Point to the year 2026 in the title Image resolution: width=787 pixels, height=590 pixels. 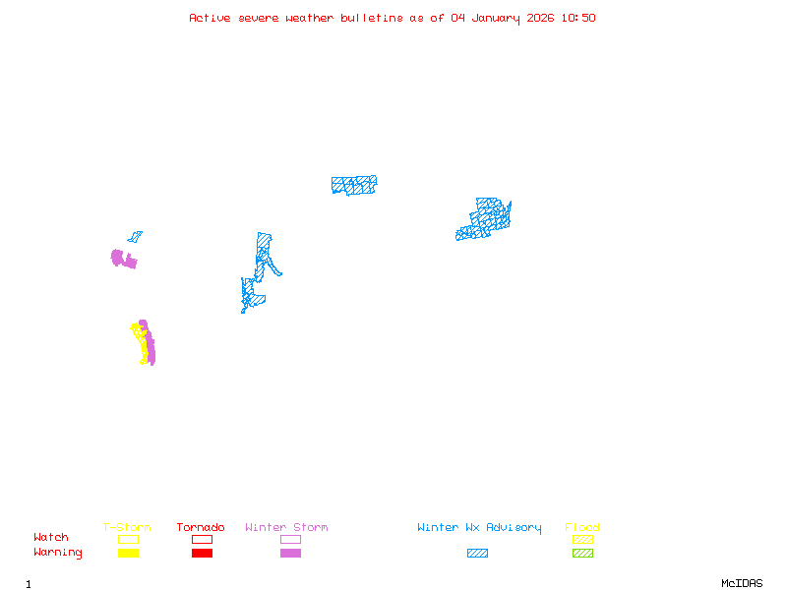pyautogui.click(x=539, y=18)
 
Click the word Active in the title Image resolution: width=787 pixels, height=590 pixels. pyautogui.click(x=210, y=18)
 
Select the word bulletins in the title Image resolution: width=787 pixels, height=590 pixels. pyautogui.click(x=372, y=18)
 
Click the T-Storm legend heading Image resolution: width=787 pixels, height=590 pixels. pyautogui.click(x=127, y=528)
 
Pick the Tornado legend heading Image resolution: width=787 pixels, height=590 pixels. pyautogui.click(x=201, y=528)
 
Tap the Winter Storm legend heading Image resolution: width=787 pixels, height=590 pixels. pyautogui.click(x=286, y=528)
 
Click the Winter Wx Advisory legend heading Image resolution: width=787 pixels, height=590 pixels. pyautogui.click(x=479, y=528)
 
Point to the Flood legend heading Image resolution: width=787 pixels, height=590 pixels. pyautogui.click(x=582, y=528)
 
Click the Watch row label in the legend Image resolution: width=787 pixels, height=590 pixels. pyautogui.click(x=51, y=538)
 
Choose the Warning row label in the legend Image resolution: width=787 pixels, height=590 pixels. pyautogui.click(x=58, y=553)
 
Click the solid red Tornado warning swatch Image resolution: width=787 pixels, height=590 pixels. pyautogui.click(x=202, y=553)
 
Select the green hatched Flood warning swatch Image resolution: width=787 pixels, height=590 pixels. pyautogui.click(x=582, y=553)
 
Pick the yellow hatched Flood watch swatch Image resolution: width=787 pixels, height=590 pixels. pyautogui.click(x=582, y=539)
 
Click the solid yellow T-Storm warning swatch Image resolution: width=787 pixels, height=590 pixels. pyautogui.click(x=128, y=553)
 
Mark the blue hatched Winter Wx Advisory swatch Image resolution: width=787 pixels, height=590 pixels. pyautogui.click(x=477, y=553)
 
